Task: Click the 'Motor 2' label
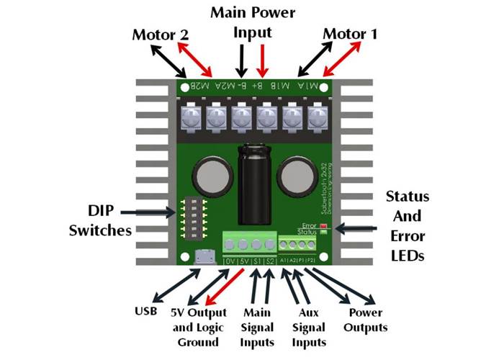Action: pos(162,35)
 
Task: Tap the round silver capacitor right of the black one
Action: pos(294,175)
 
